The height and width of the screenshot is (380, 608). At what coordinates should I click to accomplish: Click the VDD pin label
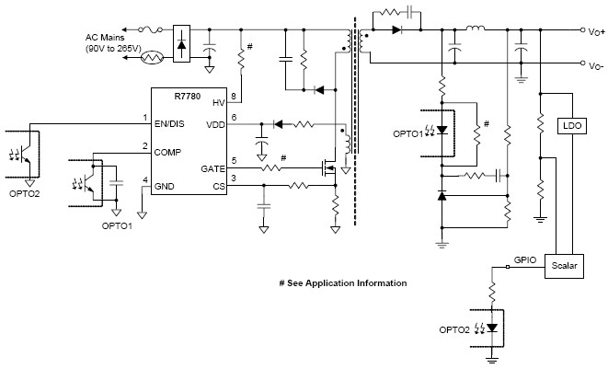click(x=215, y=124)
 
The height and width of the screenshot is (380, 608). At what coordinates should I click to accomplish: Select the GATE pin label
click(x=213, y=167)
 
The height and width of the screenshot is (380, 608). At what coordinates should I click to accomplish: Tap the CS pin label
click(x=218, y=186)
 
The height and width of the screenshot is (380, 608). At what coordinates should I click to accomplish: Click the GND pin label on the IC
click(x=166, y=187)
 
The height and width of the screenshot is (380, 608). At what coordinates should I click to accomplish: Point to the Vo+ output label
click(x=596, y=32)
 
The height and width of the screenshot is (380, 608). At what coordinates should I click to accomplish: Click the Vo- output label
click(x=595, y=65)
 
